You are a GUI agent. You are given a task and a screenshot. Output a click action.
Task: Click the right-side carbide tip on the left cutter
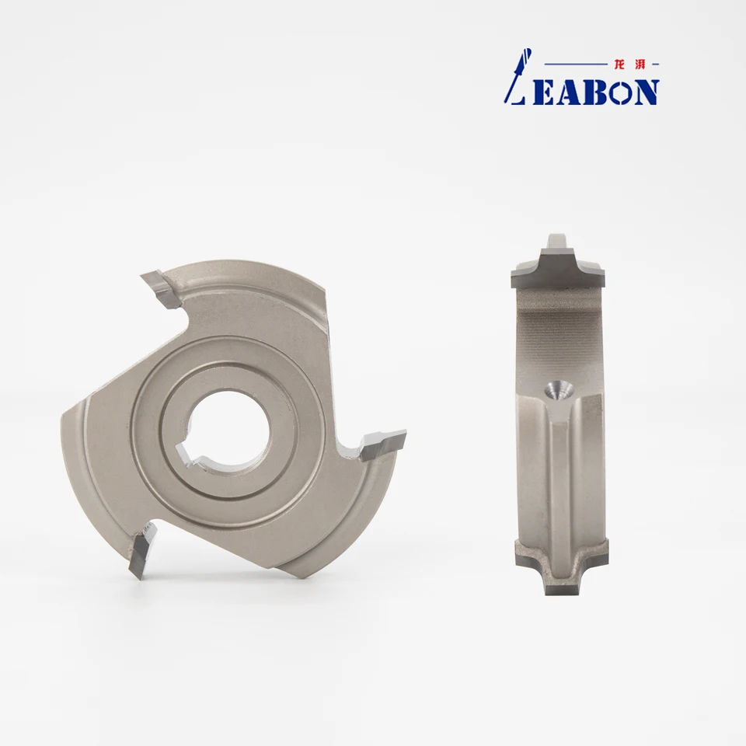click(x=383, y=444)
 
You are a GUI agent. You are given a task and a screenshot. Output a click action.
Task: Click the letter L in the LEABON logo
click(x=516, y=76)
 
